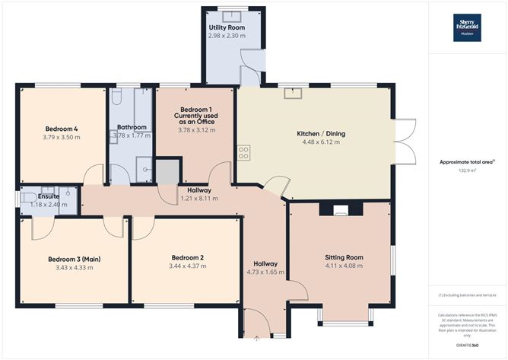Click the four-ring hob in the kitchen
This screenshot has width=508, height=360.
pyautogui.click(x=244, y=153)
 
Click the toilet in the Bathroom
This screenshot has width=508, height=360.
pyautogui.click(x=117, y=97)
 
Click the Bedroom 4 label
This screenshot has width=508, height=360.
pyautogui.click(x=62, y=128)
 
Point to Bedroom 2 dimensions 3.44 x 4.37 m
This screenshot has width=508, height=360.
pyautogui.click(x=186, y=267)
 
